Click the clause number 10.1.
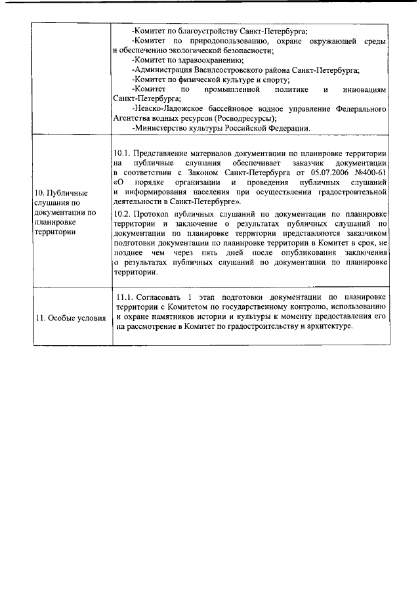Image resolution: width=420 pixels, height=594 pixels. coord(121,153)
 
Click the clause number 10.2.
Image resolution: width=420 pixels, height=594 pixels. coord(121,214)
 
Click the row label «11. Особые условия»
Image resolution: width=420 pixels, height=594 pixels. coord(71,318)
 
